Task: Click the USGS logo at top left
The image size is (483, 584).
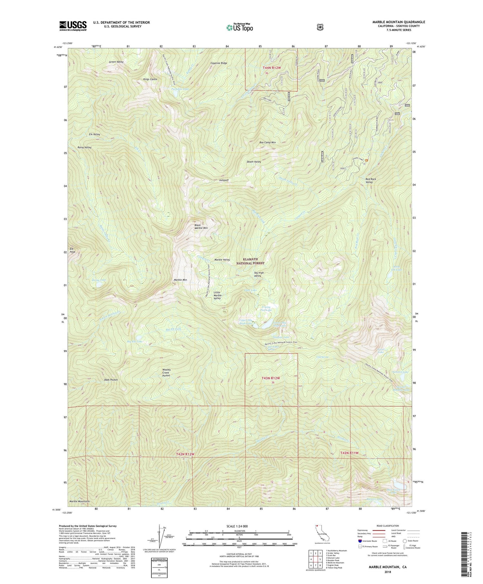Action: tap(73, 26)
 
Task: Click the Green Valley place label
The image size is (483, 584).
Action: tap(116, 62)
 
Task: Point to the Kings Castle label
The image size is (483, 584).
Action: tap(150, 79)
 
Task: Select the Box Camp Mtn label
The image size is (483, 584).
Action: tap(268, 142)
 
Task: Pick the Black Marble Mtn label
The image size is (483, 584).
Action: tap(201, 226)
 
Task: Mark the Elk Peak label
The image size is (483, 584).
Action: tap(72, 250)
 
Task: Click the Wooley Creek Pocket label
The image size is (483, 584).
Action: tap(166, 373)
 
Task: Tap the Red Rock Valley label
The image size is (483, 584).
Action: tap(371, 180)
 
